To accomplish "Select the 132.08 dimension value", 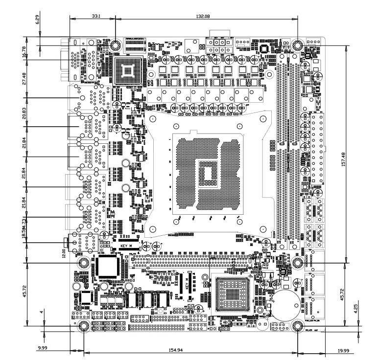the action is (x=202, y=16).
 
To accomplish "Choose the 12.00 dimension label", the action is (x=62, y=252).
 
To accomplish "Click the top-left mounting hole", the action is (x=115, y=45).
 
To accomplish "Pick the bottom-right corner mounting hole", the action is (x=297, y=326).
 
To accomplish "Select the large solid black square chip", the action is (x=108, y=267).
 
